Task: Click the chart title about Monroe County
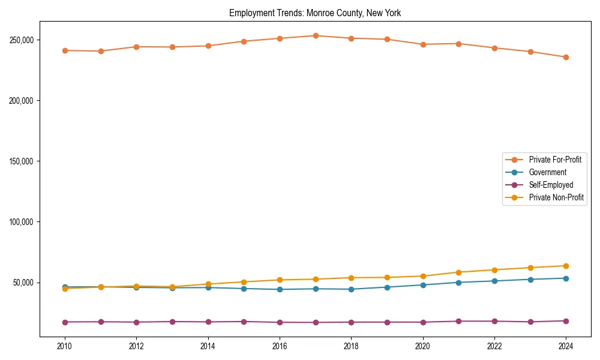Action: coord(315,13)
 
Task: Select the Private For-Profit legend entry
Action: coord(555,160)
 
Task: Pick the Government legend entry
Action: coord(547,172)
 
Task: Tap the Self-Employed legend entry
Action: coord(551,185)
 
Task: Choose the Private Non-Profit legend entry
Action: coord(556,197)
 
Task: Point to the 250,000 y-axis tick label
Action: coord(21,40)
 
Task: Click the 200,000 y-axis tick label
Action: coord(21,101)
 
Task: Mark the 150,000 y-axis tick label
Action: coord(21,161)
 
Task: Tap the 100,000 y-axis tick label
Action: coord(21,222)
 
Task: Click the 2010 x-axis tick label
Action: coord(65,346)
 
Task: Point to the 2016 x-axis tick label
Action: coord(280,346)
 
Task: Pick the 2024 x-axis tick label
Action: coord(566,346)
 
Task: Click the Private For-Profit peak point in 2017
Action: coord(316,35)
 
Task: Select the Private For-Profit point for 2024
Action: coord(566,57)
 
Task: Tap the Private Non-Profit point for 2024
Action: coord(566,266)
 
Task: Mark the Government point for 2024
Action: coord(566,278)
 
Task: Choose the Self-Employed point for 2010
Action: coord(65,322)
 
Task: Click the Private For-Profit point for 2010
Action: coord(65,50)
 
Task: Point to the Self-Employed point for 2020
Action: coord(423,322)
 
